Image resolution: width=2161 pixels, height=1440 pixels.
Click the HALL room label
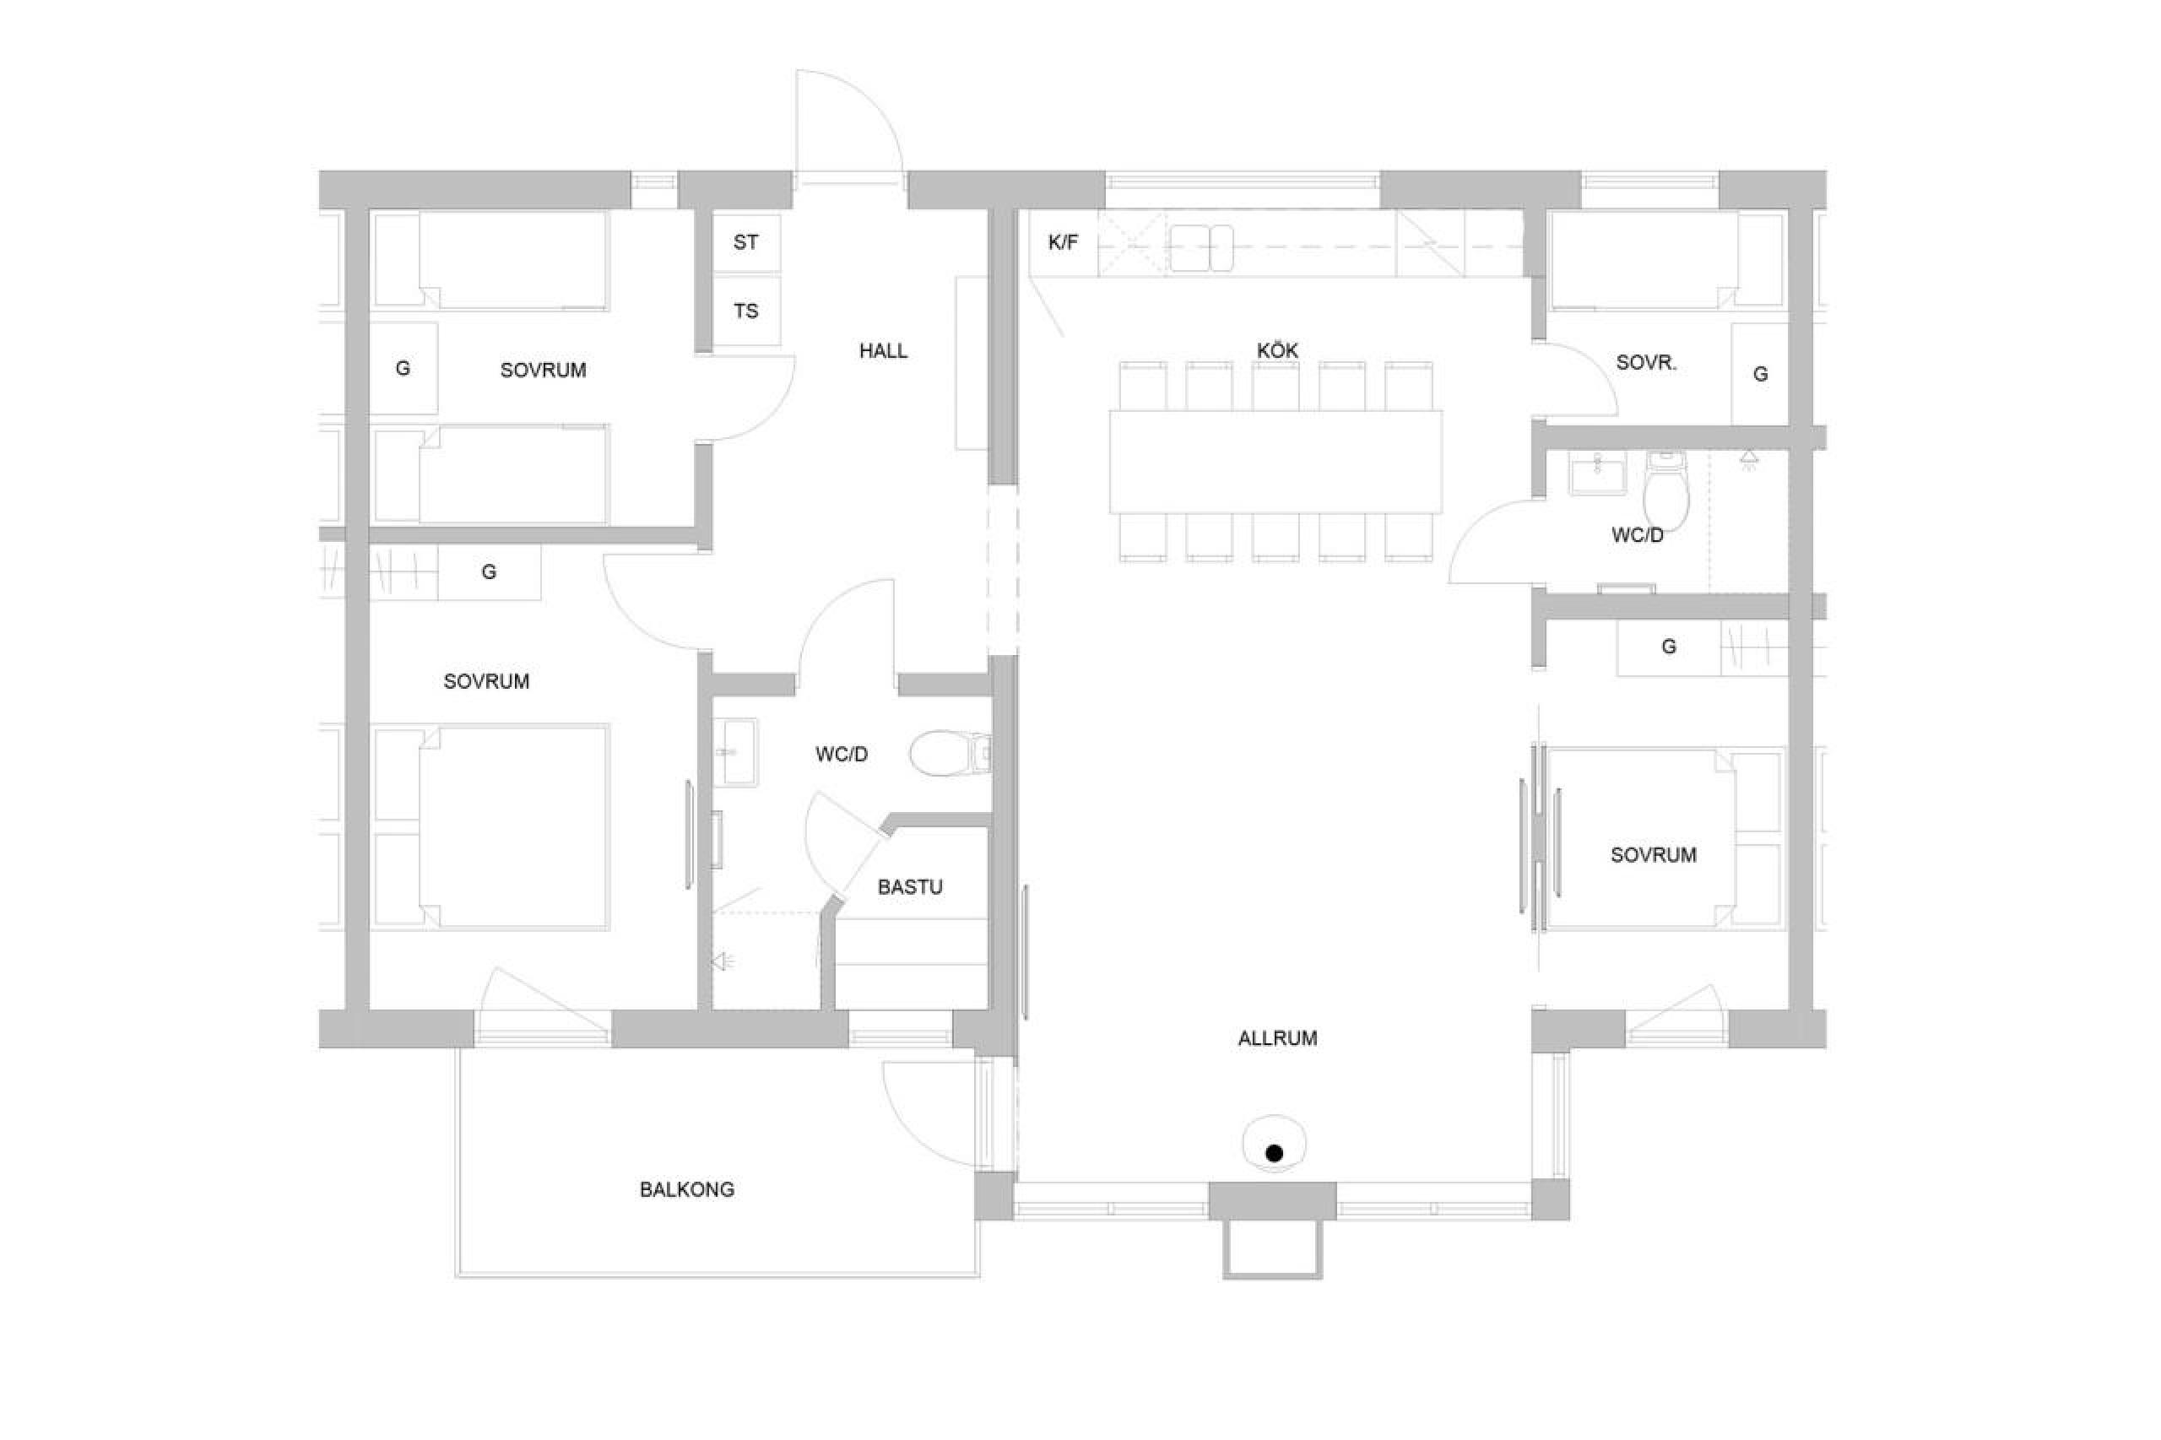click(883, 350)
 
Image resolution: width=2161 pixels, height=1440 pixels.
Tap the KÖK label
click(1277, 350)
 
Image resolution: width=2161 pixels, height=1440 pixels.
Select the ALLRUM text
click(1276, 1037)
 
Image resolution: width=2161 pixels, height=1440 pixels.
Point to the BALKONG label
click(687, 1189)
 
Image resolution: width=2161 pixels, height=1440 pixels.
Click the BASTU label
click(910, 887)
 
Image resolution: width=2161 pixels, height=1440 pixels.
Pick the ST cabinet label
click(745, 242)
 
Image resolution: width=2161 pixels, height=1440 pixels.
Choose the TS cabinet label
click(745, 311)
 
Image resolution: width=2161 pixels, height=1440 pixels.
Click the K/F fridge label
click(1063, 243)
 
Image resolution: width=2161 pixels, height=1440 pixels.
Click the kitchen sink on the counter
click(1201, 248)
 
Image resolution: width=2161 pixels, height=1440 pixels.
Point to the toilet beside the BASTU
click(950, 753)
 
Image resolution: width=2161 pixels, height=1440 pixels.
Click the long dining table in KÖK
click(1275, 461)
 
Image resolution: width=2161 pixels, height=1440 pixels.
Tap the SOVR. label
click(1646, 363)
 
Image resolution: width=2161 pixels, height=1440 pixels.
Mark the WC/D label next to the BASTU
click(842, 755)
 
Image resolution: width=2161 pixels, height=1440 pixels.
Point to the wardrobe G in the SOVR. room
click(1761, 374)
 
